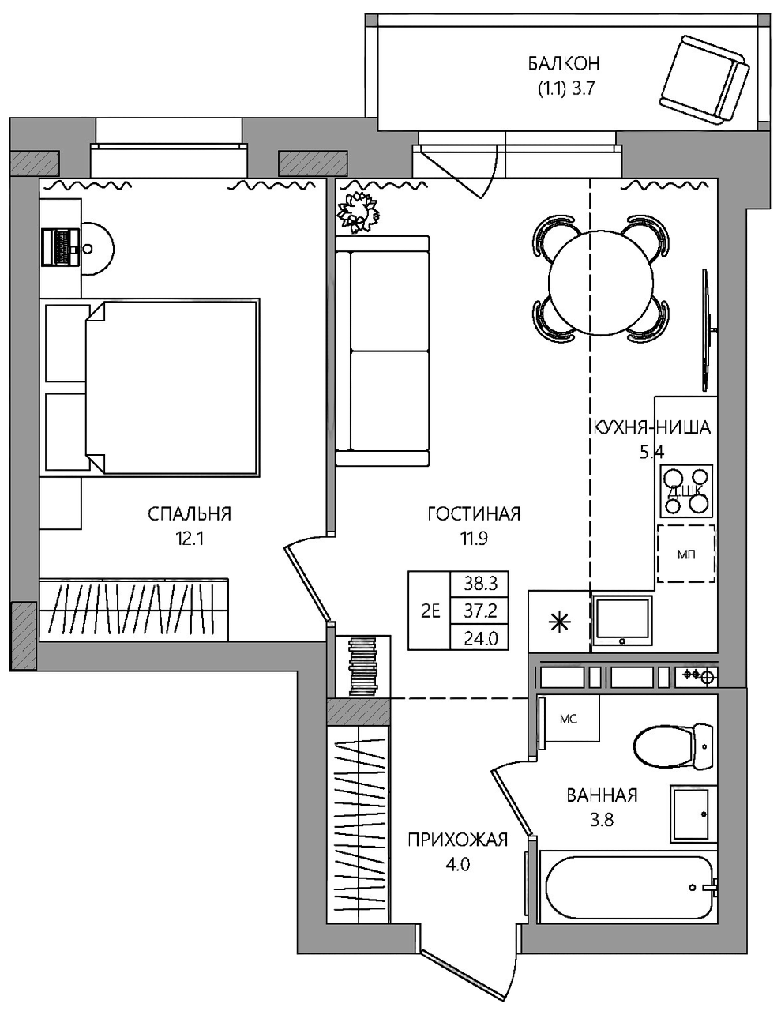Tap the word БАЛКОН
(x=564, y=64)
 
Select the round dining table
(x=601, y=282)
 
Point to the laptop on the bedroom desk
(x=59, y=247)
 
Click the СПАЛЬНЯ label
(x=190, y=514)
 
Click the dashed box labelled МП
(x=686, y=554)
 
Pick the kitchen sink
(x=623, y=621)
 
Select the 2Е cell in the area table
(x=430, y=611)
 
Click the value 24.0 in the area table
(x=481, y=639)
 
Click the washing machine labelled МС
(x=568, y=720)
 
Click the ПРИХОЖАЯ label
(x=458, y=840)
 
